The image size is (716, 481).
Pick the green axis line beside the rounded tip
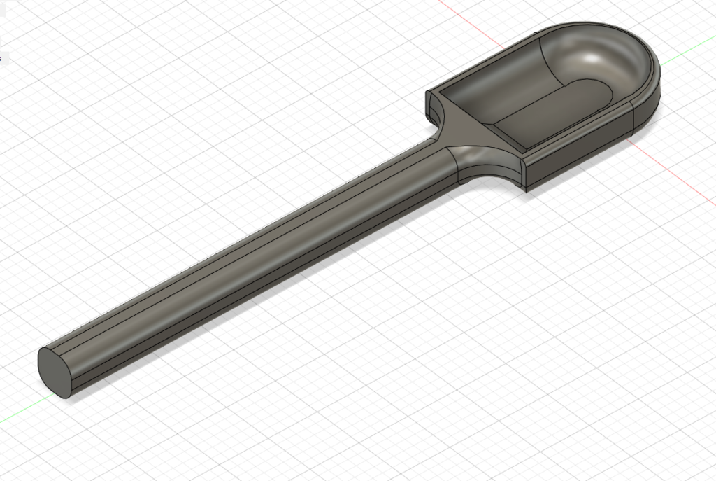[x=689, y=55]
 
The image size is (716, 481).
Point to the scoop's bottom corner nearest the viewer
[x=527, y=188]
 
